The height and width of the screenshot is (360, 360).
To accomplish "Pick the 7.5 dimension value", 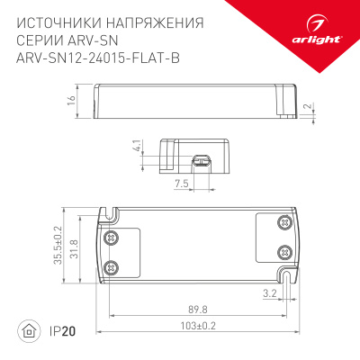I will click(180, 183).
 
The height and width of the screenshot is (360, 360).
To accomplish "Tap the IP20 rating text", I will click(59, 331).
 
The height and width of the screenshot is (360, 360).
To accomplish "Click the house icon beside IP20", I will click(31, 331).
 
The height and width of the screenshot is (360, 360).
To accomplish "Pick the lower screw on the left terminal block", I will click(112, 266).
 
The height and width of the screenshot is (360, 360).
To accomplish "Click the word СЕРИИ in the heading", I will click(40, 40).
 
